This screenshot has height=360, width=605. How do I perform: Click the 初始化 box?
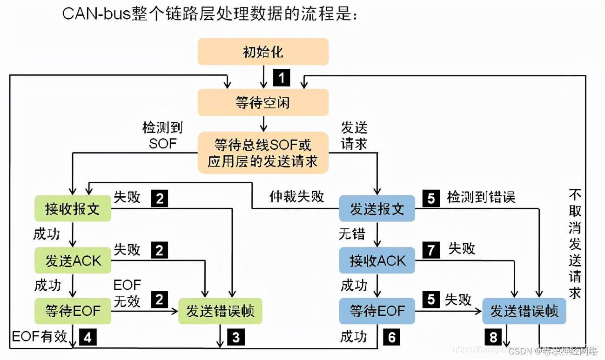point(263,52)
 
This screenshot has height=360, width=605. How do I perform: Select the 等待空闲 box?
point(263,102)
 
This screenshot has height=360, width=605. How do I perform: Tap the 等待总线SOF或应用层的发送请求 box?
point(263,153)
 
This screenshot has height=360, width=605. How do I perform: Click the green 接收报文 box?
point(73,209)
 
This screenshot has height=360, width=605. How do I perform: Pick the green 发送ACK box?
point(73,260)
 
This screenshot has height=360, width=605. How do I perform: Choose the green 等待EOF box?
point(73,311)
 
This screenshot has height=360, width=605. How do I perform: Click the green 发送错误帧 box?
point(220,311)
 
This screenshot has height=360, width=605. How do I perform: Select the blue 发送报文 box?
point(376,209)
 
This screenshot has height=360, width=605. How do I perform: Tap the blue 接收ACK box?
point(376,260)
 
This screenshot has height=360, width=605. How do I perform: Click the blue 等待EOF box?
point(376,311)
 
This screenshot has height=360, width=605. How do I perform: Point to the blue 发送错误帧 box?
point(524,311)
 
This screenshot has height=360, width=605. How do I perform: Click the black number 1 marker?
point(282,77)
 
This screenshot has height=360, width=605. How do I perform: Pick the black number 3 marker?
point(235,337)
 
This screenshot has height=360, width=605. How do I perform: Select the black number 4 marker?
point(88,337)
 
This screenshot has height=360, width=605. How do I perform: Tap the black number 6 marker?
point(391,337)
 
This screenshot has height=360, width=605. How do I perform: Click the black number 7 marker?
point(431,251)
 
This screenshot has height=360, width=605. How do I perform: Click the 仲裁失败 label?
point(296,197)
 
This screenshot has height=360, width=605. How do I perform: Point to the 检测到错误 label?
point(481,197)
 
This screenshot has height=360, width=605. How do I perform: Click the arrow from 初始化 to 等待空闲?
point(263,77)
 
